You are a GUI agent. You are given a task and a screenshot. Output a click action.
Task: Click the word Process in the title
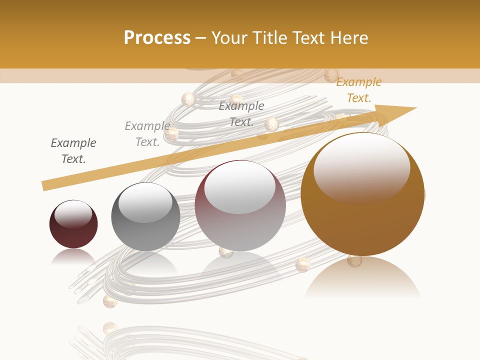(157, 38)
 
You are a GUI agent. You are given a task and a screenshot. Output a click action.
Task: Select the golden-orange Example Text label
(359, 90)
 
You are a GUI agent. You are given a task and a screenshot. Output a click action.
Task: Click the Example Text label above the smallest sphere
(73, 151)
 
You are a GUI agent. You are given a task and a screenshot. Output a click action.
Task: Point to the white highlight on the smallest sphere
(73, 213)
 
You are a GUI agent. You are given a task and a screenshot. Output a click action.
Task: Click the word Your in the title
(228, 38)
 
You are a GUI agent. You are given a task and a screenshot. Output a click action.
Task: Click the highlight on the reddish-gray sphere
(239, 188)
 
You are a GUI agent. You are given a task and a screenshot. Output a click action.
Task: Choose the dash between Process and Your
(200, 38)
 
